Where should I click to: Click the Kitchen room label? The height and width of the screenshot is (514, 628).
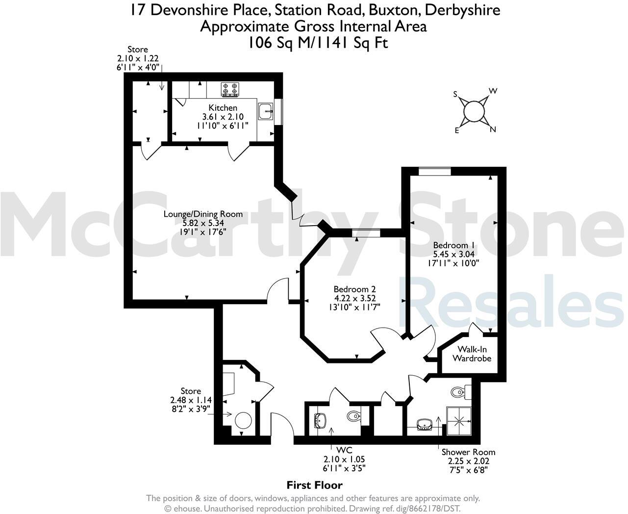coord(223,107)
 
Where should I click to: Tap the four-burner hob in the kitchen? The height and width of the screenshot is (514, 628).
coord(230,88)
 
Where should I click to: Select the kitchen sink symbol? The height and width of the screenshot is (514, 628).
coord(266,111)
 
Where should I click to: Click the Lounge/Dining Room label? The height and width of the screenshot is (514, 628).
coord(203,214)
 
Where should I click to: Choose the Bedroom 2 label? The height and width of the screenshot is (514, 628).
coord(354,289)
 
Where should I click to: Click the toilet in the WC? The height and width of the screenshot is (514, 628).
coord(353,416)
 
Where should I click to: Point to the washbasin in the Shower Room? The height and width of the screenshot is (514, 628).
coord(424,424)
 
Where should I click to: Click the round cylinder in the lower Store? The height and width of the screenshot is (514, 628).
coord(243,421)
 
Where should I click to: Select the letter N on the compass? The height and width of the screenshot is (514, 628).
coord(493,129)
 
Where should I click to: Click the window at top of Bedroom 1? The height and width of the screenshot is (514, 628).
coord(434,171)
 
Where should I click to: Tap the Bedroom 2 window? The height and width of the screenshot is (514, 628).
coord(366,233)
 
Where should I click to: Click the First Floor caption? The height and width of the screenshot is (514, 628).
coord(314,485)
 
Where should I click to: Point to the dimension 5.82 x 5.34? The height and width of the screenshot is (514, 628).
coord(203,222)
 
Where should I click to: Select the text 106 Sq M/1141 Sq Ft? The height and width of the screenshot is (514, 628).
coord(318,43)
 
